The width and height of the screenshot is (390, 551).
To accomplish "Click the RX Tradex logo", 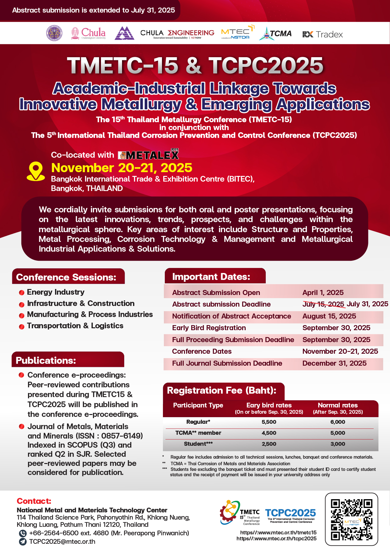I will [x=322, y=34].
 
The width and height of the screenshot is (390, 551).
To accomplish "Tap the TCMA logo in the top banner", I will [x=276, y=34].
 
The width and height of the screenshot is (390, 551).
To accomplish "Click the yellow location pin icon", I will [x=36, y=171].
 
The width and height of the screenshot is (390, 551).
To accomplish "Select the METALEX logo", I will [x=148, y=155].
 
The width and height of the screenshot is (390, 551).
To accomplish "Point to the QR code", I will [x=351, y=519].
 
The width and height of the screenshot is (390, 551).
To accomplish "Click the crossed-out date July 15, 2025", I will [x=323, y=304].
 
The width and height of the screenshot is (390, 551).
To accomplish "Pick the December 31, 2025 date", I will [x=334, y=363].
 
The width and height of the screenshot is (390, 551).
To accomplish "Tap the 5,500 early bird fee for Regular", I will [x=269, y=422].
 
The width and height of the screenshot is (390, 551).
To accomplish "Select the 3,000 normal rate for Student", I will [x=337, y=444].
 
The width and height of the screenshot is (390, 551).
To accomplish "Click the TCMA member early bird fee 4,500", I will [x=269, y=433].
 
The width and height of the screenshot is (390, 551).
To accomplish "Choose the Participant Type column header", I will [x=198, y=405].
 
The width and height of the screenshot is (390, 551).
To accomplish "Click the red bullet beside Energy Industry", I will [x=22, y=293].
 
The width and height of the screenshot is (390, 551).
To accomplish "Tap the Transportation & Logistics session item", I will [x=75, y=326].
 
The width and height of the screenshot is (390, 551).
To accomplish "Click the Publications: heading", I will [x=46, y=360].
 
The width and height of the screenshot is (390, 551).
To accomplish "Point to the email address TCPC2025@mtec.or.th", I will [x=62, y=542].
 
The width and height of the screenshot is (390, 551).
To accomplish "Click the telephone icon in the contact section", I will [x=23, y=533].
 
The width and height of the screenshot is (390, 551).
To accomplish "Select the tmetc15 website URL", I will [x=278, y=532].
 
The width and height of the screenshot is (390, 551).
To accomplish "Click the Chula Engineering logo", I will [x=177, y=34].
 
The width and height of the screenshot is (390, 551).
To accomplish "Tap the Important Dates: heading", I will [x=211, y=277].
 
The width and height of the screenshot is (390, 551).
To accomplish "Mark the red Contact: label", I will [x=34, y=501].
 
